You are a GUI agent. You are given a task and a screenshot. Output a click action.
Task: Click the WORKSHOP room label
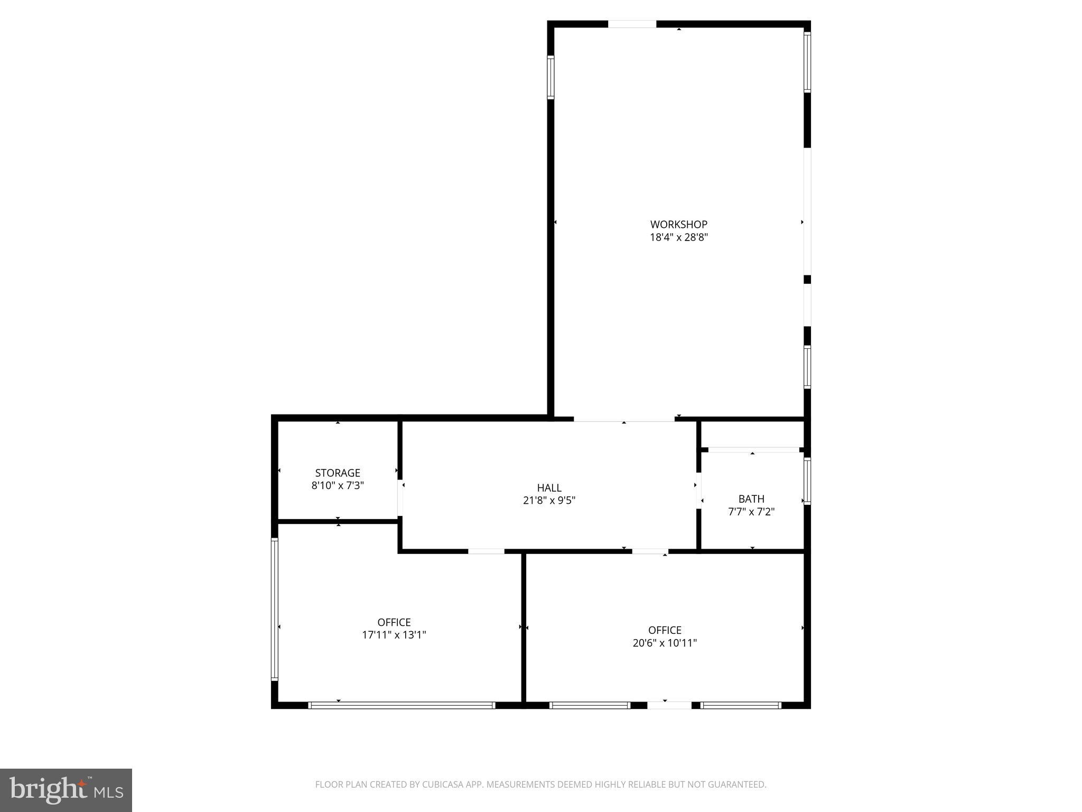pyautogui.click(x=678, y=224)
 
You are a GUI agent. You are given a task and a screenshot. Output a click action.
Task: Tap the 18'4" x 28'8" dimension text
pyautogui.click(x=678, y=237)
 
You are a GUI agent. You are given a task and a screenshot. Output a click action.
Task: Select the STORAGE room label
pyautogui.click(x=338, y=473)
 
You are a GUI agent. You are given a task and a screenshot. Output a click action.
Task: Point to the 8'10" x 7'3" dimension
pyautogui.click(x=338, y=485)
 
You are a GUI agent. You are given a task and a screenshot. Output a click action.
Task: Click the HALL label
pyautogui.click(x=549, y=487)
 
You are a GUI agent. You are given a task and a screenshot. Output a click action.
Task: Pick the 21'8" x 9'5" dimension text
pyautogui.click(x=549, y=500)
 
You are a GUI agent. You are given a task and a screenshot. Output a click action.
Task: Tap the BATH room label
pyautogui.click(x=751, y=499)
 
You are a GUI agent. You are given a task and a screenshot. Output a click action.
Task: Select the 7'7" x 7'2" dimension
pyautogui.click(x=751, y=512)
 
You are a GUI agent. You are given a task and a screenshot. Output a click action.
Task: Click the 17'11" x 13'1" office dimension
pyautogui.click(x=394, y=635)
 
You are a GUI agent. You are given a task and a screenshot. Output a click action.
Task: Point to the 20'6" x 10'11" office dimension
pyautogui.click(x=665, y=643)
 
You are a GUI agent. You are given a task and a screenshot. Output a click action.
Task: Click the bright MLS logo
pyautogui.click(x=66, y=790)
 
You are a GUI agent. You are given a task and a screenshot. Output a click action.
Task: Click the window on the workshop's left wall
pyautogui.click(x=551, y=77)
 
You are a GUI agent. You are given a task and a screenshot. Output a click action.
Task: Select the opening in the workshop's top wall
pyautogui.click(x=632, y=24)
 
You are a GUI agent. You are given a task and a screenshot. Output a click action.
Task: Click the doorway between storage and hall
pyautogui.click(x=400, y=497)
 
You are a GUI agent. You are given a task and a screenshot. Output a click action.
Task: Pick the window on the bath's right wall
pyautogui.click(x=807, y=481)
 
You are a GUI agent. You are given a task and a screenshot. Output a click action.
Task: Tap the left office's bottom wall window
pyautogui.click(x=402, y=705)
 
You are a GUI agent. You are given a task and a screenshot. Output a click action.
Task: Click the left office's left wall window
pyautogui.click(x=274, y=608)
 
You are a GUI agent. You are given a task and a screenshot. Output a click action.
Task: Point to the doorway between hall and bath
pyautogui.click(x=698, y=490)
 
